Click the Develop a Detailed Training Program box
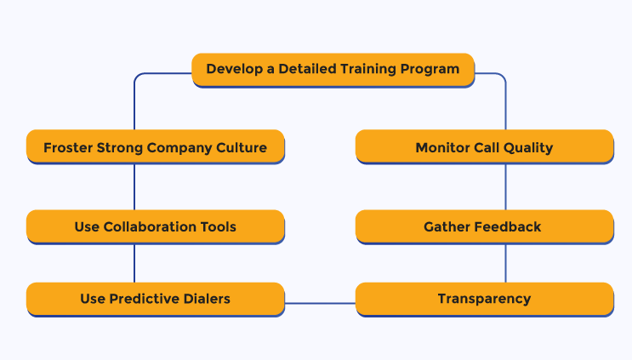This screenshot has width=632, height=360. click(333, 70)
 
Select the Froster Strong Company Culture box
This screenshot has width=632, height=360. click(156, 146)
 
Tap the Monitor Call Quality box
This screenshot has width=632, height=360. click(485, 146)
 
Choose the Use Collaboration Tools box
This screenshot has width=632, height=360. click(156, 226)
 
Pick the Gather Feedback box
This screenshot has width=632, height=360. click(485, 226)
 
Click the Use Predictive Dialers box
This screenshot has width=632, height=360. click(156, 299)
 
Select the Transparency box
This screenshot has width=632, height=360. click(485, 299)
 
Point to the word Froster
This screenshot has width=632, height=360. click(68, 147)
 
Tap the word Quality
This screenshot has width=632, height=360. click(528, 148)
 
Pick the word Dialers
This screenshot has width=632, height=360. click(207, 299)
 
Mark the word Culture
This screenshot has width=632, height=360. click(242, 147)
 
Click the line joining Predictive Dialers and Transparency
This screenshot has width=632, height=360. click(320, 303)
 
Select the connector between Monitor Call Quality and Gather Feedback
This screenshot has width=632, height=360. click(505, 187)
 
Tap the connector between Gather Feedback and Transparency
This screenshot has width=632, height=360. click(505, 263)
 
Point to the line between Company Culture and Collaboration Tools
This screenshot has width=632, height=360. click(134, 187)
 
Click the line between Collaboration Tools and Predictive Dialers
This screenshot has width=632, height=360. click(134, 263)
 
